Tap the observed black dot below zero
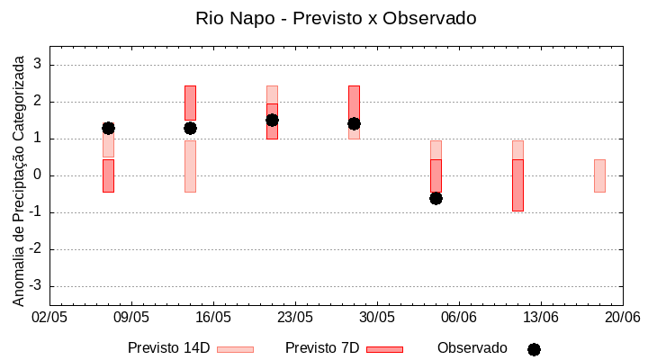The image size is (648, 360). coord(436,198)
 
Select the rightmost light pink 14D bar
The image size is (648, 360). coord(599,175)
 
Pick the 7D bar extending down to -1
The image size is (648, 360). coord(517,185)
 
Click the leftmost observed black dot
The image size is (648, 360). coord(108,128)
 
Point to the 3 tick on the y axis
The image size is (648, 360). coord(39,65)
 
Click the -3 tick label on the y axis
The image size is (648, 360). coord(36,286)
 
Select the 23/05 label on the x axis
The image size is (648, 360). coord(294,318)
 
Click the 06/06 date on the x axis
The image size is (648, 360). coord(459,318)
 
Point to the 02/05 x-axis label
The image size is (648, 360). coord(49,318)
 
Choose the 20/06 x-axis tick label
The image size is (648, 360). coord(623,318)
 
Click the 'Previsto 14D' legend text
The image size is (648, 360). coord(168,348)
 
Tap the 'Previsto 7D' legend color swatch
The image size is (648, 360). coord(384,349)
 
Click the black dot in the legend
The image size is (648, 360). coord(534,349)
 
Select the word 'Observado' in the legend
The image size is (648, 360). coord(472,348)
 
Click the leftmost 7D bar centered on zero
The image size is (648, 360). coord(108,175)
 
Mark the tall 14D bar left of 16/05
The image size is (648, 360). coord(190,166)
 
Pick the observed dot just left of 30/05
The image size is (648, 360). coord(354,123)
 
